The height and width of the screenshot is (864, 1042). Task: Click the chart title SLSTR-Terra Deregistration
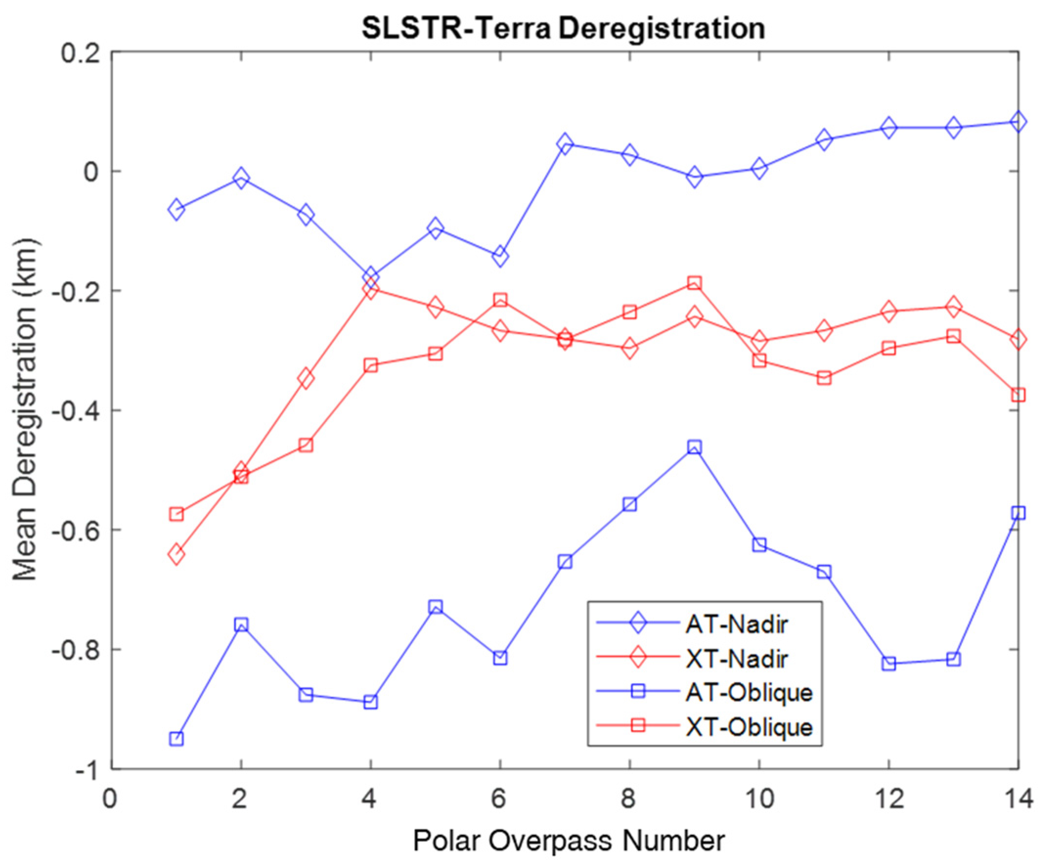(563, 29)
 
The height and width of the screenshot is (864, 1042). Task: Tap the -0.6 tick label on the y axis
(74, 531)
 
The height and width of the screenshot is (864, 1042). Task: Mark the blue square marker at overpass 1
(176, 739)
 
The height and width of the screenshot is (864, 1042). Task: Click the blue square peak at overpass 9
(695, 447)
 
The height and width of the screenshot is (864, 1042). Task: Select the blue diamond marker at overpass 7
(565, 144)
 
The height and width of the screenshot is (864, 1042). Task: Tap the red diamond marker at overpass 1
(176, 554)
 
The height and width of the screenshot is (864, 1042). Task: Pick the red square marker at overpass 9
(695, 283)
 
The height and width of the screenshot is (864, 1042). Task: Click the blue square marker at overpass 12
(888, 664)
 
